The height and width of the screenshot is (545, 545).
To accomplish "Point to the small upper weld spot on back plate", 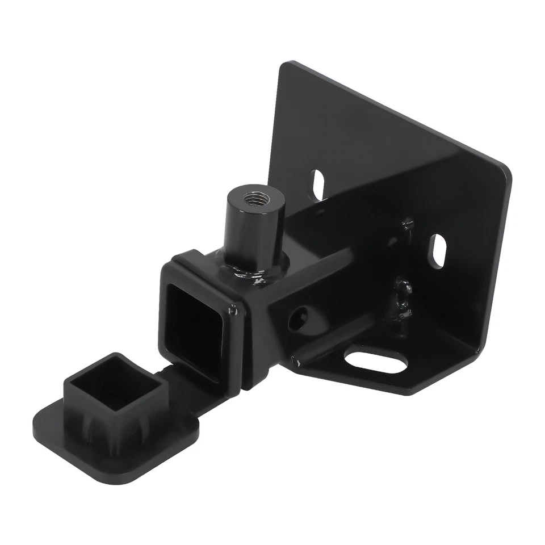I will [406, 225].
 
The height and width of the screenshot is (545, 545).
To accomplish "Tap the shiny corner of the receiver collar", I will [233, 309].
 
